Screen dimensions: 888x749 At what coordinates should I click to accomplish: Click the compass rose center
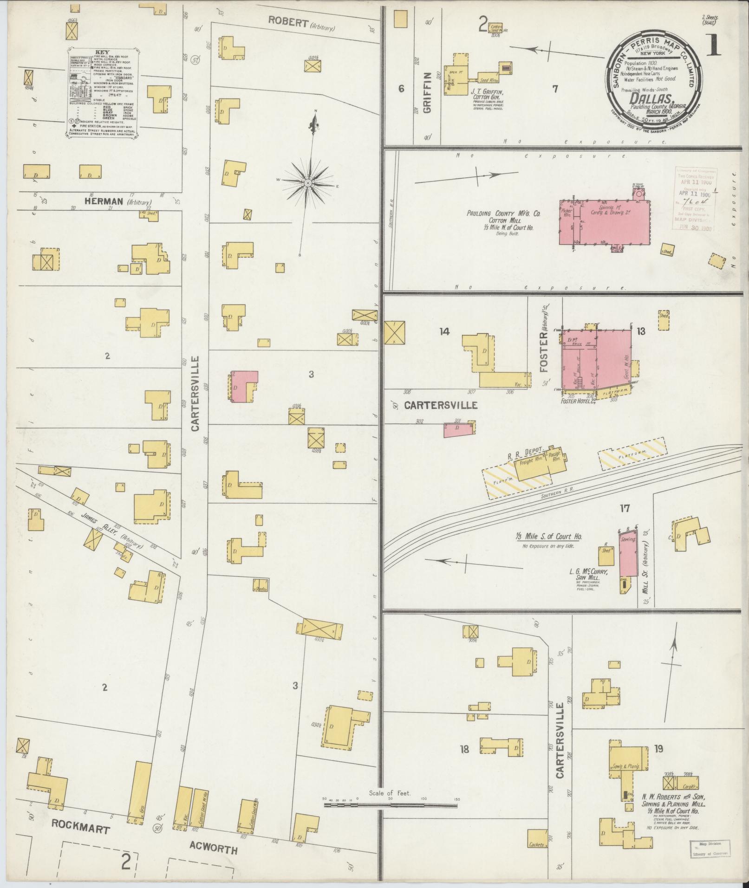[x=308, y=184]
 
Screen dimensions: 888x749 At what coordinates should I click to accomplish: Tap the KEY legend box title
[x=103, y=52]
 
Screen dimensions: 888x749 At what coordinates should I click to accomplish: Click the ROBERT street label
[x=288, y=22]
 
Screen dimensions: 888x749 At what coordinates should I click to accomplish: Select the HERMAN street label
[x=104, y=201]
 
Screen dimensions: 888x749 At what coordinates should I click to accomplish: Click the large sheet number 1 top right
[x=714, y=46]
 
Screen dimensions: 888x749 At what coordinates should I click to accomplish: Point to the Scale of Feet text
[x=390, y=793]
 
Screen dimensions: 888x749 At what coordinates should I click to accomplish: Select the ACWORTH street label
[x=214, y=849]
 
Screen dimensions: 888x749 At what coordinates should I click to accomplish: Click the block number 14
[x=444, y=331]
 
